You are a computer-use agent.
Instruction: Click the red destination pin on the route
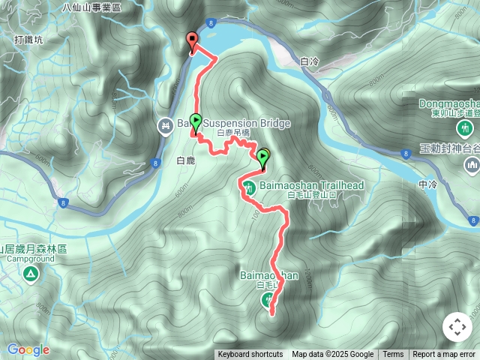(x=192, y=42)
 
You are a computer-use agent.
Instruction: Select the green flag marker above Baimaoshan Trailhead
(x=263, y=158)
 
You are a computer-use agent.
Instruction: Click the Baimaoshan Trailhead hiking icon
(x=252, y=185)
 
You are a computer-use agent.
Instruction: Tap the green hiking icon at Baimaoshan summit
(x=268, y=300)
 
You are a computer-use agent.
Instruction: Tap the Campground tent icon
(x=29, y=274)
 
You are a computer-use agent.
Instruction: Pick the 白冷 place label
(x=309, y=61)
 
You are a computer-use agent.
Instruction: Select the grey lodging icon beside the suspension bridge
(x=164, y=125)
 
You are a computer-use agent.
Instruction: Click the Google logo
(x=28, y=349)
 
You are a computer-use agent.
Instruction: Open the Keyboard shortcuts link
(x=250, y=355)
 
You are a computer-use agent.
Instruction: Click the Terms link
(x=393, y=355)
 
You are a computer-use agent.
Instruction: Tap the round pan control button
(x=457, y=327)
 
